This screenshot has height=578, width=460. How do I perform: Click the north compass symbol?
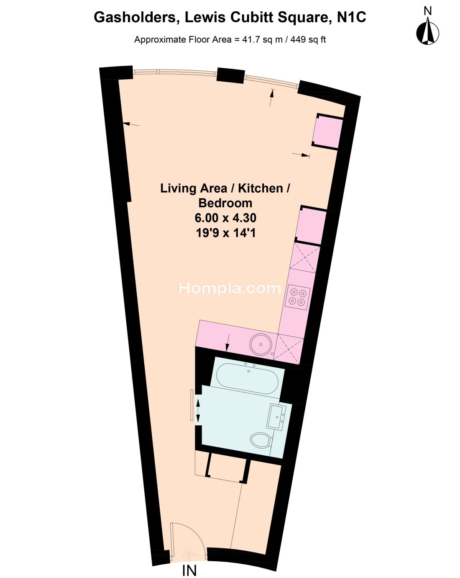(x=427, y=30)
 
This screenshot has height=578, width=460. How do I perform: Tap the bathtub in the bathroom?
(x=247, y=378)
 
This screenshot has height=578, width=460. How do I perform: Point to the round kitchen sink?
(x=261, y=344)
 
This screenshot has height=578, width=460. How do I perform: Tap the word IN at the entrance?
(x=189, y=571)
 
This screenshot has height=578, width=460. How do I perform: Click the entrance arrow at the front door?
(x=189, y=552)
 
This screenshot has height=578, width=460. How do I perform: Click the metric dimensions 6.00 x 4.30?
(x=225, y=217)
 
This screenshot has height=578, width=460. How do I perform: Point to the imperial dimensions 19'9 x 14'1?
(x=225, y=232)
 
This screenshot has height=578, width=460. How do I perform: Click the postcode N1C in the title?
(x=351, y=18)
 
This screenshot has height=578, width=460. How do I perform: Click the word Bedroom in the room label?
(x=225, y=203)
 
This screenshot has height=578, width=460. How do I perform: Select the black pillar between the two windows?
(x=231, y=75)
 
